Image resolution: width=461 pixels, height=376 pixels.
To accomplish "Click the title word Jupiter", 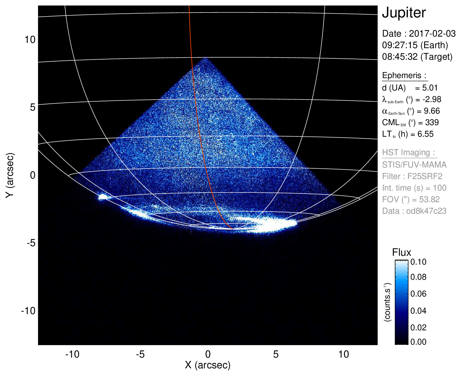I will [404, 13].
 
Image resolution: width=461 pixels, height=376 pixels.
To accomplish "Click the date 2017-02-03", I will [432, 34].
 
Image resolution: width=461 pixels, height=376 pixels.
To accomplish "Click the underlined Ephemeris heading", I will [404, 75].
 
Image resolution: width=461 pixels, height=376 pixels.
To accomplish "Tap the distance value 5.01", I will [430, 88].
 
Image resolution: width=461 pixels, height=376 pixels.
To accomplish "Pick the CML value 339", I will [432, 122].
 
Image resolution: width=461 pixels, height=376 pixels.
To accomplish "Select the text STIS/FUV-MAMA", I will [414, 165].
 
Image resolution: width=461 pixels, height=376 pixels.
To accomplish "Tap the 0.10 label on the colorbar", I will [418, 262].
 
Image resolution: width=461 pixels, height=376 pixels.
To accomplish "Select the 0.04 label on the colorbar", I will [418, 311].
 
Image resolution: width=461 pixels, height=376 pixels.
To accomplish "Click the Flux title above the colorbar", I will [401, 253].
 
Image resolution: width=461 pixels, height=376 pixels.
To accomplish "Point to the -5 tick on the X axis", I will [140, 354].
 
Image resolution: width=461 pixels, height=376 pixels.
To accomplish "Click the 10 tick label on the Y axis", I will [30, 40].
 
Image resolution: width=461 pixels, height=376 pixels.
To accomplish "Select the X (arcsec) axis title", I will [208, 365].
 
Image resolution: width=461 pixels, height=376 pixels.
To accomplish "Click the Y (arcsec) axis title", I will [10, 175].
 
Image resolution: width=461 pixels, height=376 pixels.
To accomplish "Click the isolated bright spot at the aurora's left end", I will [103, 197].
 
